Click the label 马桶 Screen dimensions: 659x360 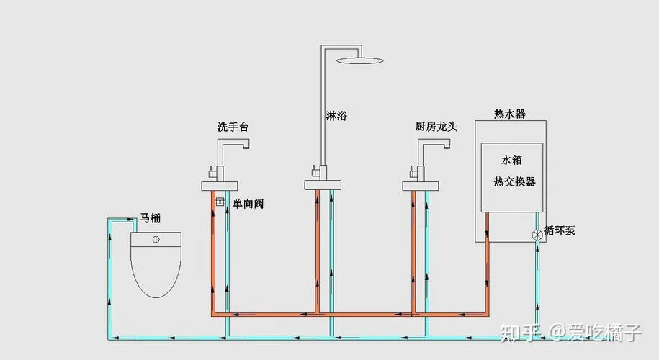150,218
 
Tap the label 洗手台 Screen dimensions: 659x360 233,127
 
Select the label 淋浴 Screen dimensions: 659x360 336,115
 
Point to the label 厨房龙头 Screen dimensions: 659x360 436,127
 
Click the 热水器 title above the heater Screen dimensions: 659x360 509,114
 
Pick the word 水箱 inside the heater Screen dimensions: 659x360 511,160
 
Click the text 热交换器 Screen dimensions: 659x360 514,181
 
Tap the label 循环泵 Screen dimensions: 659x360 560,230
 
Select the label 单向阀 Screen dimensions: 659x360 248,204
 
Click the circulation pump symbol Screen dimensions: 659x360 537,235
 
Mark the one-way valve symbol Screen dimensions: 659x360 220,202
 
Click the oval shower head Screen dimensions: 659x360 360,60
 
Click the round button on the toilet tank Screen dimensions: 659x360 156,240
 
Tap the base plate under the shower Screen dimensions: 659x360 323,185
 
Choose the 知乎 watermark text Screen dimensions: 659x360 519,333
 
